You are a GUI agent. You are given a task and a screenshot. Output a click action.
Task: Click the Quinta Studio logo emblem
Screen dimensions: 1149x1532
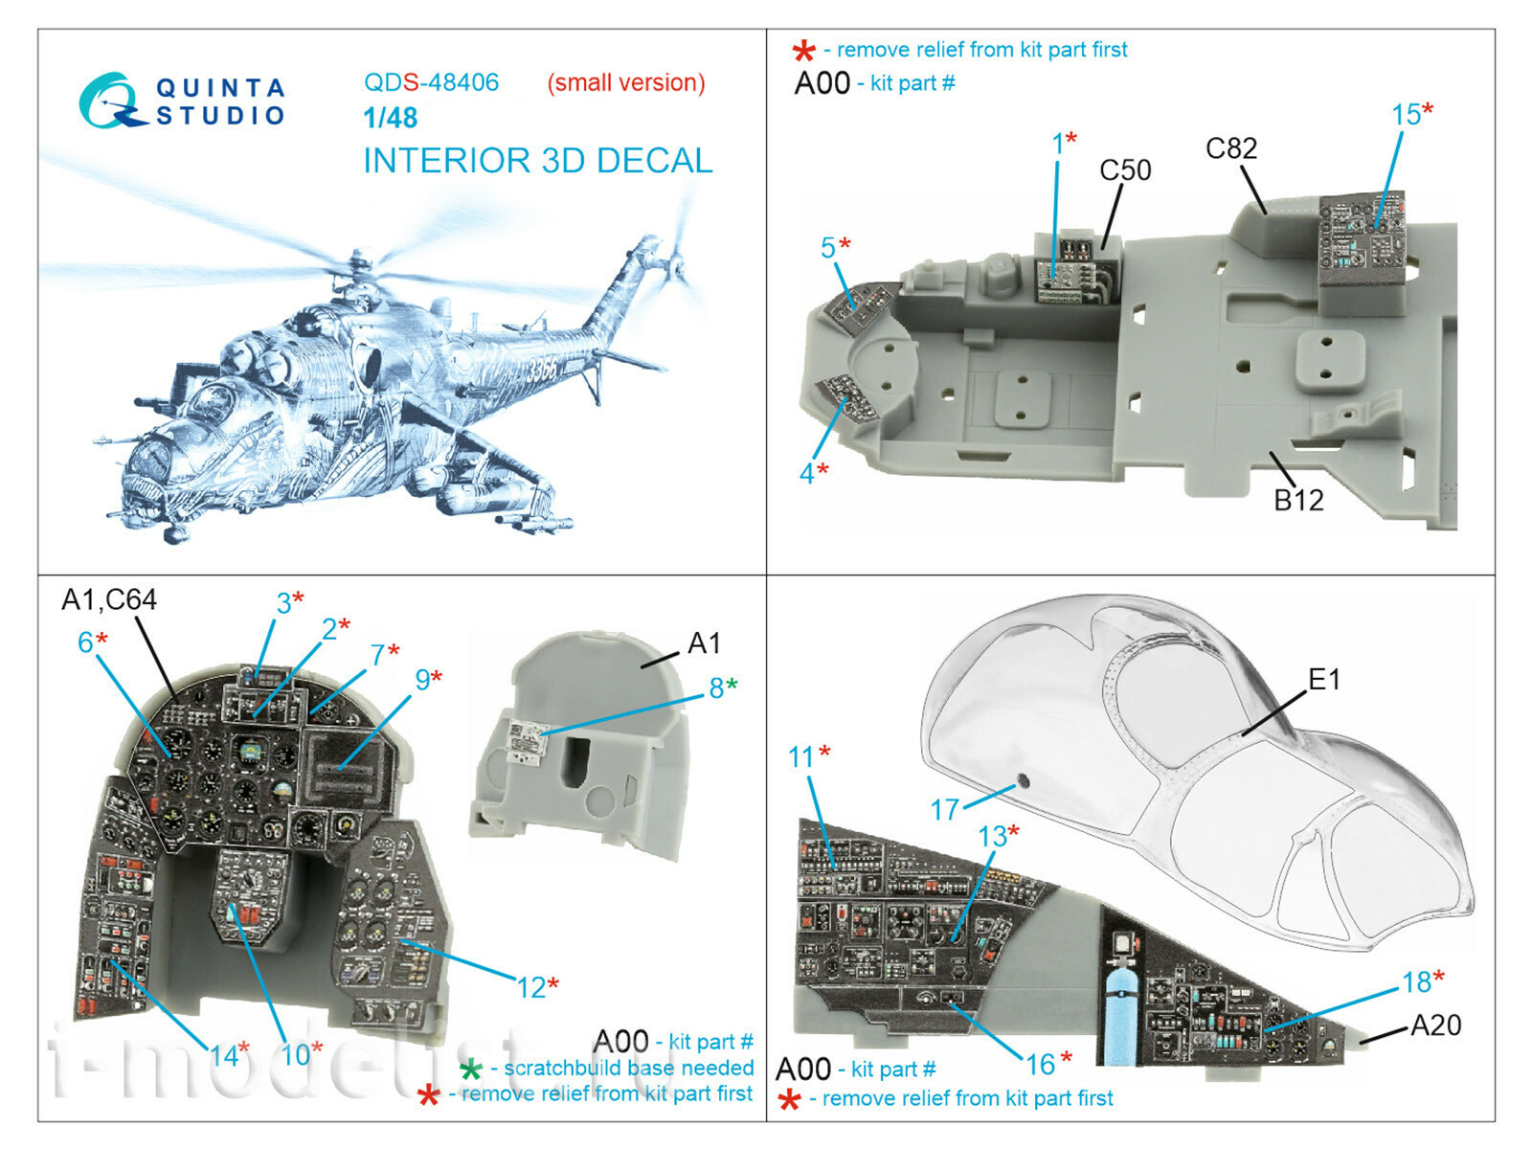coord(111,101)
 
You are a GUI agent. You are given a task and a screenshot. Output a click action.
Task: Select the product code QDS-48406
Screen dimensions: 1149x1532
coord(431,82)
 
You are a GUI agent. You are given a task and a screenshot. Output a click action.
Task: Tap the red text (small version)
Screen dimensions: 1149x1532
coord(626,83)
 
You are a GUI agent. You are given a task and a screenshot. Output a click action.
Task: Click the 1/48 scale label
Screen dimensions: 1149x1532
coord(391,118)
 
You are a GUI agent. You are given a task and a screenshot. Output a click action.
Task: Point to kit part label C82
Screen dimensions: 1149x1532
coord(1231,148)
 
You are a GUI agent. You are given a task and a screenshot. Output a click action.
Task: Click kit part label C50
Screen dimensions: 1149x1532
coord(1125,170)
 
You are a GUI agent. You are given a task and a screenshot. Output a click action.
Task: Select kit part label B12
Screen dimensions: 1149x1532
coord(1298,500)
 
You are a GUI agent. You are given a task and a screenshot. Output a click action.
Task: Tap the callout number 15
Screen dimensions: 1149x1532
coord(1406,115)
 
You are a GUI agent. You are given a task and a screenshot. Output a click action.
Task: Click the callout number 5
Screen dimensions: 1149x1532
coord(828,248)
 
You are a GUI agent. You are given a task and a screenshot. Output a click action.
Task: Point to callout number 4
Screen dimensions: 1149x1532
coord(807,473)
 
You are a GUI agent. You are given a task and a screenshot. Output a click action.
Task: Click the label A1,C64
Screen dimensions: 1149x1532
coord(109,599)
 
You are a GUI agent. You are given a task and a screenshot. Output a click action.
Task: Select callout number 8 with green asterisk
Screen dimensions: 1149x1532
coord(717,687)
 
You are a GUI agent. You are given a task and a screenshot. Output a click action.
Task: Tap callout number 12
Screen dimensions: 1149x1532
coord(531,987)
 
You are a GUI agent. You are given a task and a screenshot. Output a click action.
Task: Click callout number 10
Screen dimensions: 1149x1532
coord(295,1055)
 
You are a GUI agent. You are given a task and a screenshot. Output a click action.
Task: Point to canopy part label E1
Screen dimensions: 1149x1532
coord(1324,680)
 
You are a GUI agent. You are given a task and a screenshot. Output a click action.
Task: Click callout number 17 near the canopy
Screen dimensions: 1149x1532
coord(945,810)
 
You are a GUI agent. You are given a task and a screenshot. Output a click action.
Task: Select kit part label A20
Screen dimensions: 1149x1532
coord(1435,1025)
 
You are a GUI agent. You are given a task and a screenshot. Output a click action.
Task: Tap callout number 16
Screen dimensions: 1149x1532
coord(1041,1064)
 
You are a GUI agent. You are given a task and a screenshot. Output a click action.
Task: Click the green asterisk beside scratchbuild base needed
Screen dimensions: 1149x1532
coord(471,1070)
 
